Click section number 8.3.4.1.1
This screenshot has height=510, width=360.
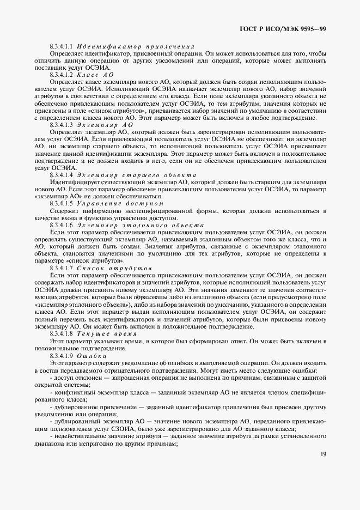point(62,47)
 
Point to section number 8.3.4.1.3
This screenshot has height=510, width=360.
point(62,125)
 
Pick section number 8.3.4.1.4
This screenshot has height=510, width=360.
point(62,174)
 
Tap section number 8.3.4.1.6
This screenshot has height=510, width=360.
point(62,224)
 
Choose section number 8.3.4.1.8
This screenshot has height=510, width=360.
point(62,332)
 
